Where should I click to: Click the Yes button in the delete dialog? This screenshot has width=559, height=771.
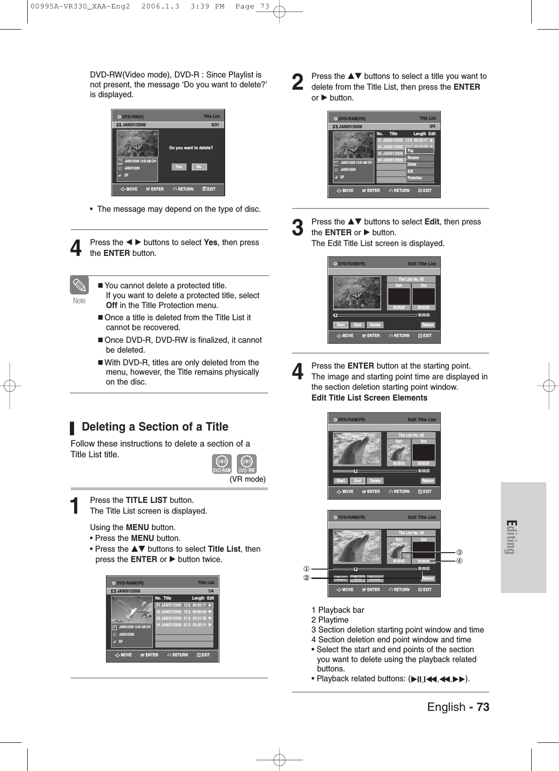(179, 167)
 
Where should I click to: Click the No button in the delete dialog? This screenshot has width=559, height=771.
(199, 167)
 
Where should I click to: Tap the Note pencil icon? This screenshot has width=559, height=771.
(79, 285)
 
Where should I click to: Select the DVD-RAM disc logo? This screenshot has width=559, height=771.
(222, 463)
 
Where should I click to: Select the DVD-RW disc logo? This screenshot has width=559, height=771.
(246, 463)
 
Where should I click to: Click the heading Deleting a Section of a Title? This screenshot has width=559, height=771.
(155, 427)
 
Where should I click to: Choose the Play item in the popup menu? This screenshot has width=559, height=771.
(420, 151)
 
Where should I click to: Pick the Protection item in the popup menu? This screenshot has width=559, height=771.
(420, 178)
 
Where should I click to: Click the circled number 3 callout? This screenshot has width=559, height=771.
(460, 552)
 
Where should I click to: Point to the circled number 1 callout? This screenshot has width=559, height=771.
(306, 569)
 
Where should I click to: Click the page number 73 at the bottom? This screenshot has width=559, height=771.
(483, 707)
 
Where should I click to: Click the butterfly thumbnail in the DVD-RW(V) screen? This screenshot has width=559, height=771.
(137, 144)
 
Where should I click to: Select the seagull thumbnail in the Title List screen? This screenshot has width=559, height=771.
(132, 609)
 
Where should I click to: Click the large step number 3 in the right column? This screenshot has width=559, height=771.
(298, 228)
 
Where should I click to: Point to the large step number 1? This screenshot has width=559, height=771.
(75, 506)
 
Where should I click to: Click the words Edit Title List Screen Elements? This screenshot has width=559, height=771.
(370, 398)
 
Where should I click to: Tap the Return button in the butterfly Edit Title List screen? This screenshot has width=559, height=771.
(428, 325)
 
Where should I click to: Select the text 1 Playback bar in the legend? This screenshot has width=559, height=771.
(338, 610)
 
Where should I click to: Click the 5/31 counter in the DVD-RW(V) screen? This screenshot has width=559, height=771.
(215, 125)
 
